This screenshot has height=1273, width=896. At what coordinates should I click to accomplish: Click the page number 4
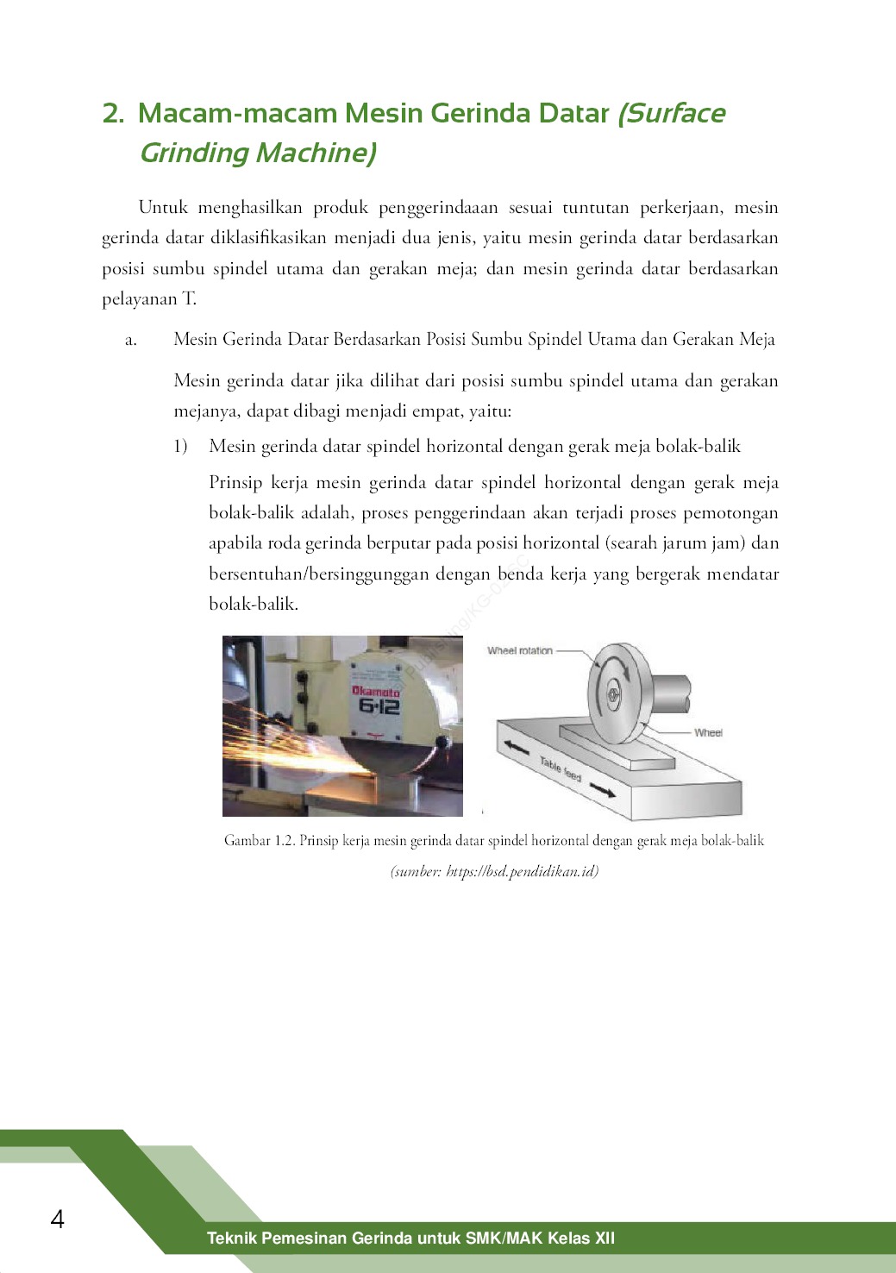click(58, 1219)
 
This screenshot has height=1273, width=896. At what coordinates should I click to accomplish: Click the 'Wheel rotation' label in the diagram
click(519, 650)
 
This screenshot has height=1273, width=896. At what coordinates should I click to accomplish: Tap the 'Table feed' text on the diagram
click(561, 768)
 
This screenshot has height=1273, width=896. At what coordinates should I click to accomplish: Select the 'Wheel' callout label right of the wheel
click(708, 732)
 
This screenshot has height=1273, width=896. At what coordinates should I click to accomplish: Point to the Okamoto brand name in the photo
click(375, 692)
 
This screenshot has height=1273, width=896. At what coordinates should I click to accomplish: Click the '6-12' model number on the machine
click(379, 706)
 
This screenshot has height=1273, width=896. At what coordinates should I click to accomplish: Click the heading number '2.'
click(113, 113)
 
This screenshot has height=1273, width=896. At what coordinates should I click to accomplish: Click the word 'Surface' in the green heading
click(672, 113)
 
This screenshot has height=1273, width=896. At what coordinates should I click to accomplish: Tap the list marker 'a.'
click(131, 340)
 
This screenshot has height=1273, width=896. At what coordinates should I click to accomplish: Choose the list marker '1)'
click(180, 447)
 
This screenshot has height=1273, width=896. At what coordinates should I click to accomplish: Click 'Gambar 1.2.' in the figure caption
click(259, 840)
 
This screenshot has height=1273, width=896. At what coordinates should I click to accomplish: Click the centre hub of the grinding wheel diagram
click(611, 692)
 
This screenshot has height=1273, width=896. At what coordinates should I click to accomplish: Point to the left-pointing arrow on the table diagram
click(517, 747)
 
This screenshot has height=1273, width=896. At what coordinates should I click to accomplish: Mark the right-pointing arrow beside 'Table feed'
click(603, 789)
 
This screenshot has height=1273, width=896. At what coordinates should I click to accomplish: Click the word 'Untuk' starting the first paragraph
click(163, 207)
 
